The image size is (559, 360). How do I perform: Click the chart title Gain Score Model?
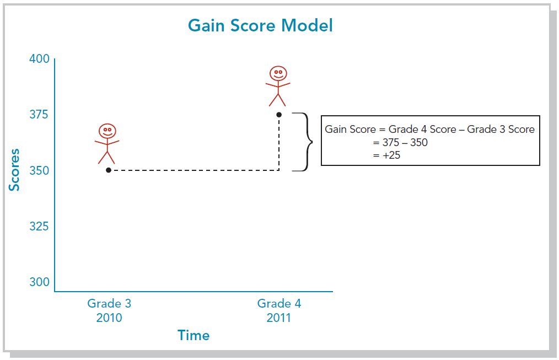(260, 26)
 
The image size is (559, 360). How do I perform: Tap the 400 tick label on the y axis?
(39, 59)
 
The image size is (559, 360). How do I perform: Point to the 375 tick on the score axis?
(39, 115)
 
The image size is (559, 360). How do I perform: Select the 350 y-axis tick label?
(39, 170)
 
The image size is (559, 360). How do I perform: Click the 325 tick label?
(39, 226)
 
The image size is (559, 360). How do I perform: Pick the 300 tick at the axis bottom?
(39, 282)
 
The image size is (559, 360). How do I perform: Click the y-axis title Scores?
(14, 170)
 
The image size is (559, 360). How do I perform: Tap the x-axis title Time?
(193, 335)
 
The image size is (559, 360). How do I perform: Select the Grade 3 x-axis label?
(109, 303)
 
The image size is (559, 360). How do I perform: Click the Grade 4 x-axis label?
(279, 303)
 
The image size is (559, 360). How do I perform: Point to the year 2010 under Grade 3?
(109, 318)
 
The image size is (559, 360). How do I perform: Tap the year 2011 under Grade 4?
(279, 318)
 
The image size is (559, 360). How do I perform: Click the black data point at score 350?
(109, 170)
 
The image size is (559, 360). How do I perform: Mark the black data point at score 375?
(279, 115)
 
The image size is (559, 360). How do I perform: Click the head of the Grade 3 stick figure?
(108, 131)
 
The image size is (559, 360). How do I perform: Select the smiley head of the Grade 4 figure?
(278, 73)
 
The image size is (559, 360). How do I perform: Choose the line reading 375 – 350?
(400, 143)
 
